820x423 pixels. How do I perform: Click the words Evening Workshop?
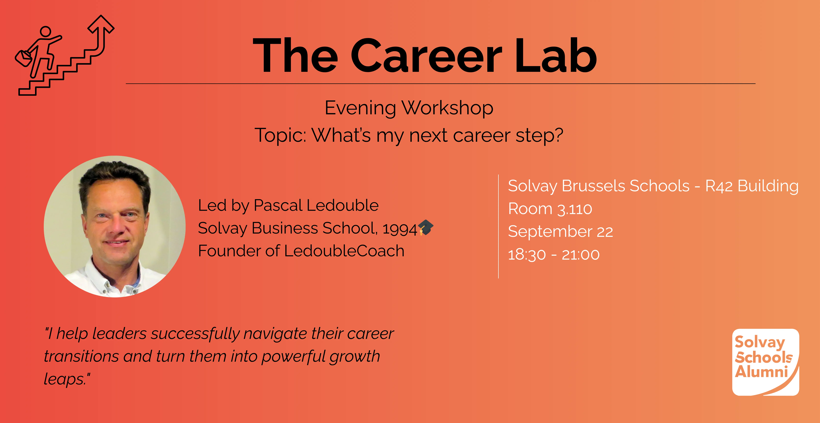[409, 108]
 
